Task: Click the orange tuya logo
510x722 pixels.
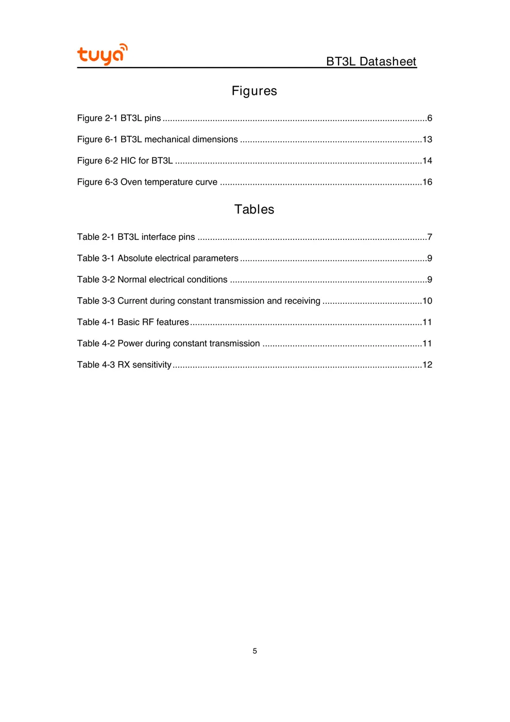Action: coord(102,54)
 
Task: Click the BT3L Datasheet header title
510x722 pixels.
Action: coord(371,61)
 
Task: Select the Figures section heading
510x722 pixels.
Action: coord(254,91)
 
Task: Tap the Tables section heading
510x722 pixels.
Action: coord(254,209)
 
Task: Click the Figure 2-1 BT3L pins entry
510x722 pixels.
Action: coord(119,118)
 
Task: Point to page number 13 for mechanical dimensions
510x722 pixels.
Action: coord(427,139)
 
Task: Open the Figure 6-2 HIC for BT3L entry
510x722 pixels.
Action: coord(125,160)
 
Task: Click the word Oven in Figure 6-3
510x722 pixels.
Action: coord(131,182)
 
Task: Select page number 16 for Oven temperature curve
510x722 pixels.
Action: coord(427,182)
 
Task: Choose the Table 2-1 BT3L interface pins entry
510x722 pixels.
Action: coord(136,237)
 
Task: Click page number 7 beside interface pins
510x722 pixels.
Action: coord(430,237)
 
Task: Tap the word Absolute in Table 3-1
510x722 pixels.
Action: coord(135,258)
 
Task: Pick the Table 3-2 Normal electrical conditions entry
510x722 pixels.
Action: coord(152,280)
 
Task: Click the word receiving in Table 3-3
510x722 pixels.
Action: coord(302,301)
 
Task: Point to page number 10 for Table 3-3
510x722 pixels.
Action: coord(427,301)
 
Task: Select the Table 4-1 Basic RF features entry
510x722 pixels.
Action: coord(133,322)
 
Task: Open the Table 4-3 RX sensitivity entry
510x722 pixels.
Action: coord(124,365)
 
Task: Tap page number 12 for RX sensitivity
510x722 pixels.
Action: coord(427,365)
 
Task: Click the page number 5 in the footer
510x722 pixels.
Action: coord(254,651)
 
